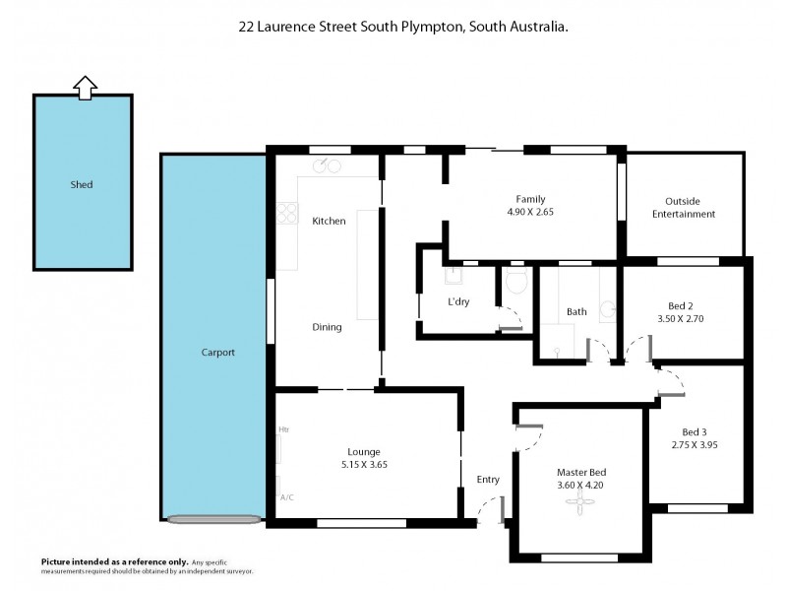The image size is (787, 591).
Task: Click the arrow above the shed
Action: [x=85, y=88]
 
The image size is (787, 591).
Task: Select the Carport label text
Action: [x=218, y=352]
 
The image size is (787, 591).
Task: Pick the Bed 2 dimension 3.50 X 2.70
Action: [x=681, y=318]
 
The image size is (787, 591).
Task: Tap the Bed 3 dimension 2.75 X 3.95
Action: [x=694, y=445]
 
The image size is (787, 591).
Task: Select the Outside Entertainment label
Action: [x=690, y=207]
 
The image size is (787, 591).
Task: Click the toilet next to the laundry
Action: [x=516, y=284]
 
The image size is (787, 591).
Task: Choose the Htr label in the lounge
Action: [x=283, y=429]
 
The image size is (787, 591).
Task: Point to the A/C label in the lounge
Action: [x=287, y=497]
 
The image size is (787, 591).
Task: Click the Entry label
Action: [x=488, y=480]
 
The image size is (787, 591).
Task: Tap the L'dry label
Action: [x=458, y=301]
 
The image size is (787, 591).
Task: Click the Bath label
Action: [x=576, y=311]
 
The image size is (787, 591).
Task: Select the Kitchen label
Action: [x=329, y=221]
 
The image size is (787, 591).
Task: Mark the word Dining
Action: [x=327, y=327]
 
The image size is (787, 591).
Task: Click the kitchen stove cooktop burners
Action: [x=287, y=212]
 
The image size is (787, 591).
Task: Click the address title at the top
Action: [x=402, y=29]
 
